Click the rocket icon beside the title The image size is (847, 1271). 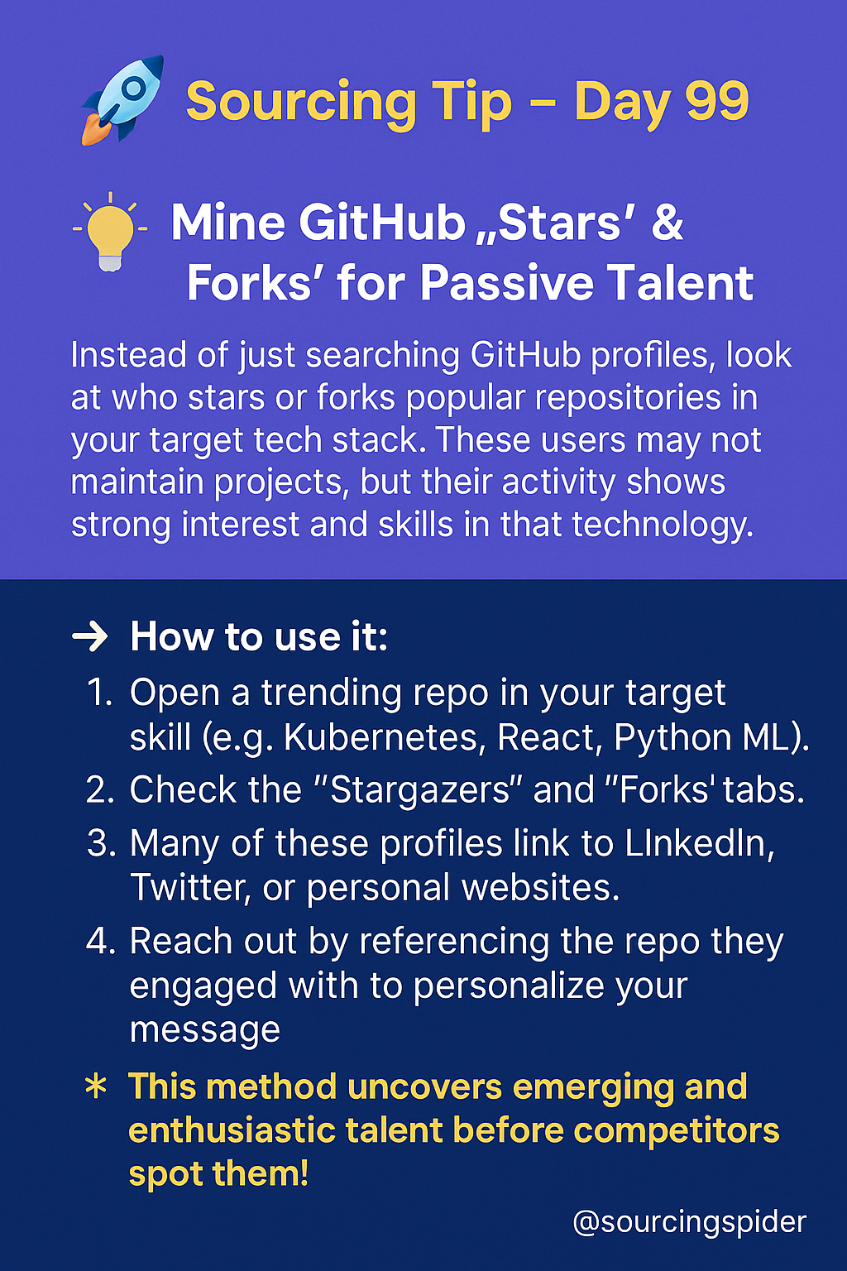[x=122, y=100]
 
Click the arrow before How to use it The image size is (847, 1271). [x=89, y=638]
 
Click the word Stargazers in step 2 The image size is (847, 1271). [x=420, y=790]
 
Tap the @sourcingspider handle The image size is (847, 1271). [x=689, y=1221]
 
